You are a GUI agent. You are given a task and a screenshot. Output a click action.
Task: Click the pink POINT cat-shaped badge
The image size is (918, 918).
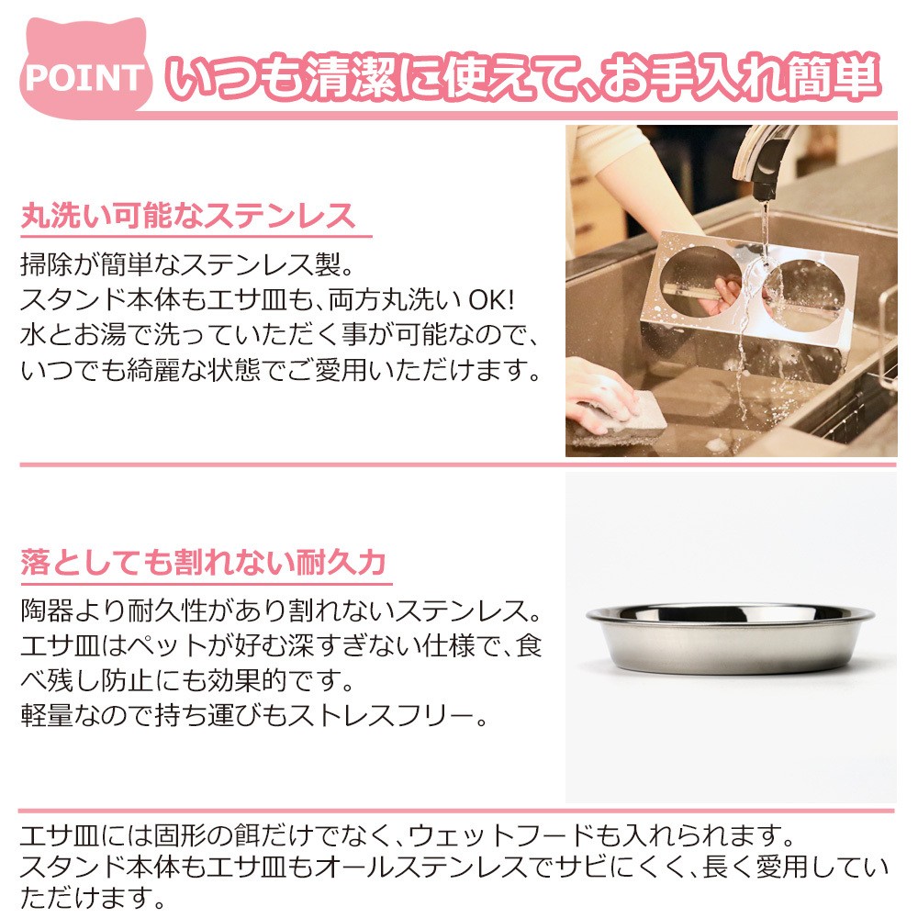pyautogui.click(x=85, y=69)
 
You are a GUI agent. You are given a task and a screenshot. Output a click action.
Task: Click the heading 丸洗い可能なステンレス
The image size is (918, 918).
pyautogui.click(x=188, y=216)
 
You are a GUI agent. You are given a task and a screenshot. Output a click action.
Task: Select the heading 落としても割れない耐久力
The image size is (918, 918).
pyautogui.click(x=203, y=562)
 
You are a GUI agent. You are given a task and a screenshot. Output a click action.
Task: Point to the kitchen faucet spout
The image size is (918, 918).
pyautogui.click(x=764, y=158)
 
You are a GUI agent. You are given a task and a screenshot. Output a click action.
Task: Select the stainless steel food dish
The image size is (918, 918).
pyautogui.click(x=730, y=638)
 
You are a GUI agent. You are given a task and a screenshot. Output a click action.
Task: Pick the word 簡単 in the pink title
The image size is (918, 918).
pyautogui.click(x=833, y=77)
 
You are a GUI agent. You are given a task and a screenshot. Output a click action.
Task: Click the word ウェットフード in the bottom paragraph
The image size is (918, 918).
pyautogui.click(x=500, y=836)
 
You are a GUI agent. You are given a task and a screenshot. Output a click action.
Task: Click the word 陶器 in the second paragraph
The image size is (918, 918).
pyautogui.click(x=48, y=610)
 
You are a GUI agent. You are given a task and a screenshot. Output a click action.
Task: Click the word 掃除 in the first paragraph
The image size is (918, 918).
pyautogui.click(x=48, y=264)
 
